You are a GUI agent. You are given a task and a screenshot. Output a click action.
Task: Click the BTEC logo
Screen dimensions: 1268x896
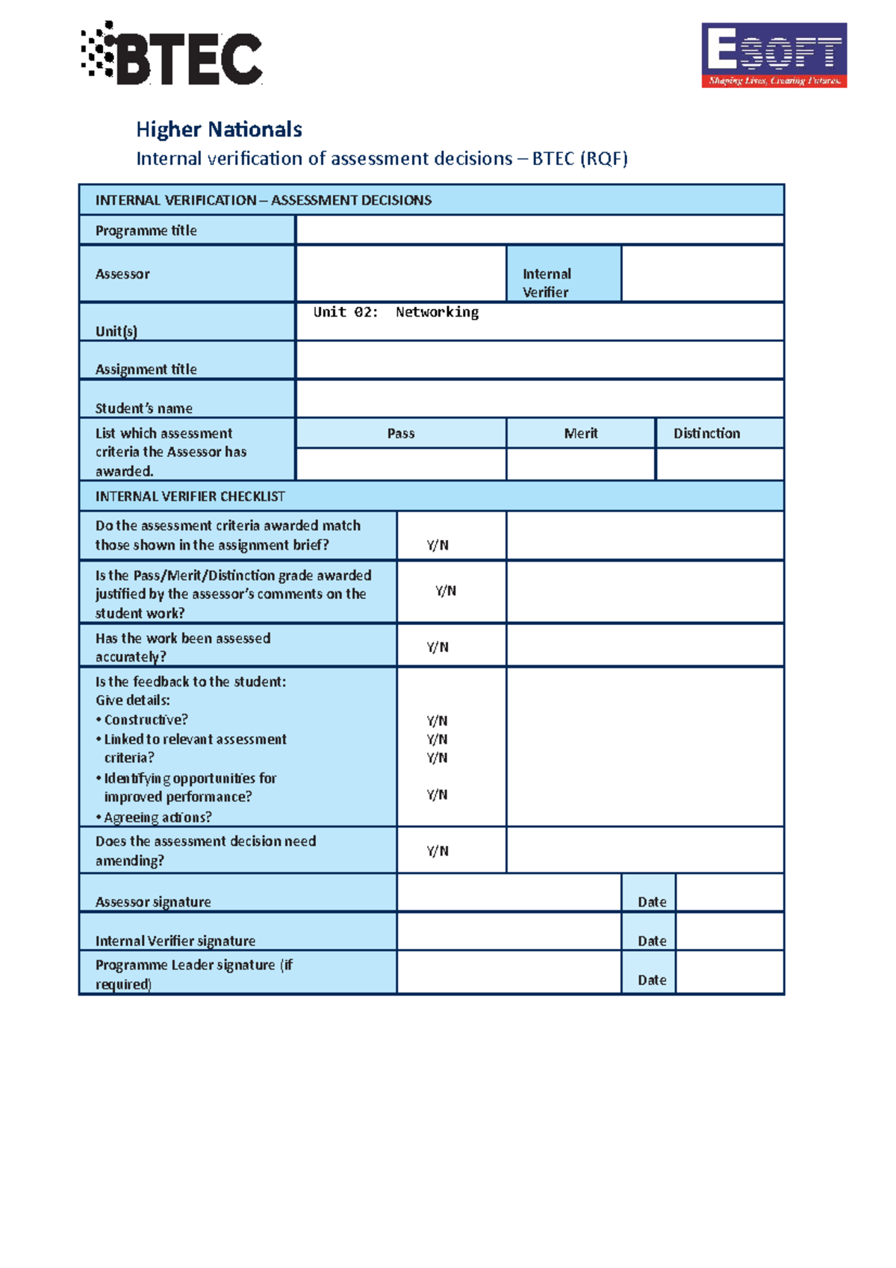pos(172,54)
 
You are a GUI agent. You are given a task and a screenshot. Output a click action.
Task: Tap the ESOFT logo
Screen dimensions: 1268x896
pos(774,55)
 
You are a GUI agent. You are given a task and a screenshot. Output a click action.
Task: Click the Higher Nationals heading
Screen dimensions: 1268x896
pos(219,130)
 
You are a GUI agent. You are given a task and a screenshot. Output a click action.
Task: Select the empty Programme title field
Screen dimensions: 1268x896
pos(539,230)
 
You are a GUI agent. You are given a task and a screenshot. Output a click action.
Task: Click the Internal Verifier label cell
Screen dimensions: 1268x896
pos(563,274)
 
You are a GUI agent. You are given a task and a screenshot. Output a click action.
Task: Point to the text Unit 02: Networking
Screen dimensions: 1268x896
pos(396,312)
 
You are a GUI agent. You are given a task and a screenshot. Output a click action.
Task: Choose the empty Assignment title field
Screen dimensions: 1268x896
pos(539,361)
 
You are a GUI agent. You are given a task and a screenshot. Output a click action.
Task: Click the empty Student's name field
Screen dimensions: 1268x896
pos(539,399)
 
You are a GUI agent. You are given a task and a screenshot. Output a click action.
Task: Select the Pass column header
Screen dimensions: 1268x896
pos(401,433)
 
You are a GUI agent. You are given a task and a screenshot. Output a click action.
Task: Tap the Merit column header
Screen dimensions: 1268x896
pos(581,433)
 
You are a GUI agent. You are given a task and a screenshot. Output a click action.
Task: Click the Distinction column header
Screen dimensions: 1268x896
pos(706,433)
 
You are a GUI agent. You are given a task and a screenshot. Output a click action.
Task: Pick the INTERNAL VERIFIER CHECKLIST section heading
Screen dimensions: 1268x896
pos(190,497)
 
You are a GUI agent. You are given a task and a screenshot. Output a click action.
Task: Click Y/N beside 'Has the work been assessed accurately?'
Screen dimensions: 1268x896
pos(438,647)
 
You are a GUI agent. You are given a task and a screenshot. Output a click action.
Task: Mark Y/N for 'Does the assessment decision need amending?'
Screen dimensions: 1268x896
pos(438,851)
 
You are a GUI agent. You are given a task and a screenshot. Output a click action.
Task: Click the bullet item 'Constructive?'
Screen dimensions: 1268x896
pos(146,720)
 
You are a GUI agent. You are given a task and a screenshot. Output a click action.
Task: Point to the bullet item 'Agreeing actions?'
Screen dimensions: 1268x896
pos(158,817)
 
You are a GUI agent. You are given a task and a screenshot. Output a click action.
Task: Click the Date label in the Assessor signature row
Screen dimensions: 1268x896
pos(652,901)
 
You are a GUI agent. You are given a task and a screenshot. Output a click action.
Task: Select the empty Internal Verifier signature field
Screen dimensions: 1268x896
pos(508,931)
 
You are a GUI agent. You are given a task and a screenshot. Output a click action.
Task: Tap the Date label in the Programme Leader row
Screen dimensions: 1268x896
pos(652,980)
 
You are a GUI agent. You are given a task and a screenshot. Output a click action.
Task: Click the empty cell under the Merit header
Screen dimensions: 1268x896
pos(581,464)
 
